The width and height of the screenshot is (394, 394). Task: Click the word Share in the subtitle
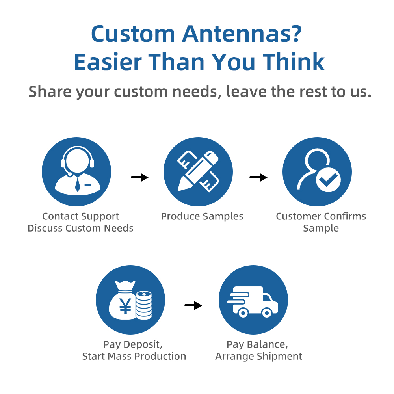(50, 91)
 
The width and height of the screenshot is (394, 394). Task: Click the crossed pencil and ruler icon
(198, 171)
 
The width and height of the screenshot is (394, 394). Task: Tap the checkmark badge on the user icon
(328, 179)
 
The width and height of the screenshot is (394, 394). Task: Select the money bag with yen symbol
(123, 300)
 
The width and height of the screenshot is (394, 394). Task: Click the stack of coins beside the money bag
(144, 305)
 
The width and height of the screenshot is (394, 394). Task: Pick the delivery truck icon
(253, 301)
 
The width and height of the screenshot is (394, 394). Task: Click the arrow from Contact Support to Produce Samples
(140, 177)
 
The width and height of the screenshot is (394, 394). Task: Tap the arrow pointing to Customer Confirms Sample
(258, 177)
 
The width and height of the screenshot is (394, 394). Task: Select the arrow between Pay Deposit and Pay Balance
(193, 305)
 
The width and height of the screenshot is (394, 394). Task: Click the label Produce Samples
(202, 216)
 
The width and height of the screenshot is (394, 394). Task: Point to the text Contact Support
(80, 216)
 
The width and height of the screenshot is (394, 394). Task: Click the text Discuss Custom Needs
(80, 228)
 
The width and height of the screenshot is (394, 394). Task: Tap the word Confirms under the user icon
(345, 216)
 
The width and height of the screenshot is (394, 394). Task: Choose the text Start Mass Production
(134, 356)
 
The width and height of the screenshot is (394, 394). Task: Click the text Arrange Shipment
(259, 356)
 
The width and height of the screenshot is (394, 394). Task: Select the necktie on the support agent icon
(78, 185)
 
